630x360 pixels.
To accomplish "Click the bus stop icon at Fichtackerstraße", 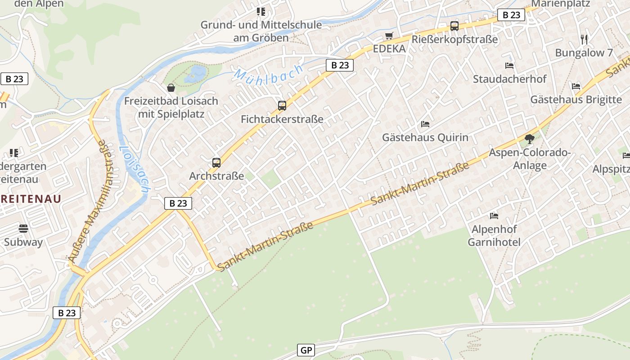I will click(x=282, y=106).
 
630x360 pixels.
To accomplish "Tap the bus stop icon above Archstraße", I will click(x=216, y=162).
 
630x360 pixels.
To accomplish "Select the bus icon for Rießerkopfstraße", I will click(x=454, y=26).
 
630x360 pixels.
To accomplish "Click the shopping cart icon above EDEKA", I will click(x=389, y=36).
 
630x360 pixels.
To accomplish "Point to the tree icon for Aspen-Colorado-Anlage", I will click(x=530, y=139).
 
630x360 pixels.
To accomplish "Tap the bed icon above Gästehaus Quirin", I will click(x=425, y=124).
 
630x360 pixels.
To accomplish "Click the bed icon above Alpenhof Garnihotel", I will click(x=494, y=216).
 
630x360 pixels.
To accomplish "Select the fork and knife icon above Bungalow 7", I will click(x=584, y=39).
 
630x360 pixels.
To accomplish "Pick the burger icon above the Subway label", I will click(x=23, y=229).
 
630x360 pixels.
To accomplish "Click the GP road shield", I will click(x=306, y=350).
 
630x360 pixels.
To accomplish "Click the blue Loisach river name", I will click(x=134, y=170).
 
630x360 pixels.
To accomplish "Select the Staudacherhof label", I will click(x=509, y=79).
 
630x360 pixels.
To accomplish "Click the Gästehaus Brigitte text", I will click(x=576, y=99).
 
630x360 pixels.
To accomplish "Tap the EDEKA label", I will click(x=389, y=49).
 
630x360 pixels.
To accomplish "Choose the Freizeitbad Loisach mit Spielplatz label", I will click(x=171, y=108).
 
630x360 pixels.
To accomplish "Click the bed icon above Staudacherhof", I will click(x=509, y=66).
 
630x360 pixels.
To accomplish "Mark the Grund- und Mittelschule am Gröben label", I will click(x=261, y=31).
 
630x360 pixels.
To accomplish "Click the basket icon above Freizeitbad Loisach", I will click(x=171, y=87).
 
